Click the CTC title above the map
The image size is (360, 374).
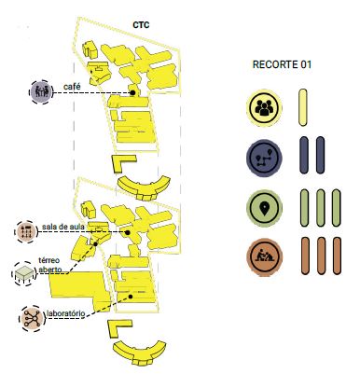(141, 25)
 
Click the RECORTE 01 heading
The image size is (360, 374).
(282, 64)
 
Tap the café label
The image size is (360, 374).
(72, 87)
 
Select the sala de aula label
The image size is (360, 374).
(63, 227)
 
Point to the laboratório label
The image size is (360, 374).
(65, 313)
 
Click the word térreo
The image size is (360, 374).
(49, 260)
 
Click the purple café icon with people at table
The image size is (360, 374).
(41, 92)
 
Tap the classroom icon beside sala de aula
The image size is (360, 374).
(26, 232)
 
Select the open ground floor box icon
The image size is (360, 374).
(25, 274)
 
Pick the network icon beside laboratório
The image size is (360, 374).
(32, 318)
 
